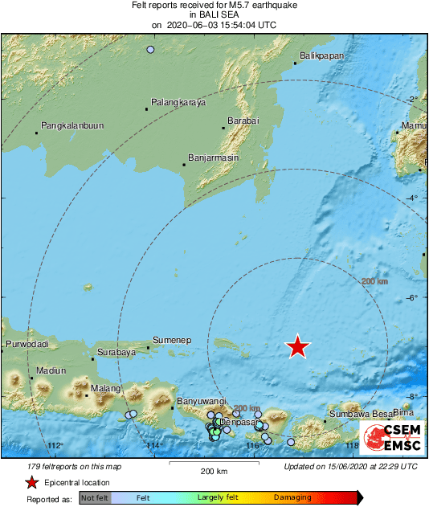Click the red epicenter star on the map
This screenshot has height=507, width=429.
[x=298, y=346]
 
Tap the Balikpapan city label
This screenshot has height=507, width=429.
[x=321, y=55]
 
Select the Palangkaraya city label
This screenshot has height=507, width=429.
[x=178, y=103]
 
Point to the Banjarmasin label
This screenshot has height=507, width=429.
[x=213, y=158]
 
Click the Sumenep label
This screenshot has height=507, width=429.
[x=171, y=341]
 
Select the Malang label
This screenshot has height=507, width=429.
[x=104, y=389]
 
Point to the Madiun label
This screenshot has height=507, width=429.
[x=50, y=370]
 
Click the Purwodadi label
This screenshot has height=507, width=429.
[x=27, y=345]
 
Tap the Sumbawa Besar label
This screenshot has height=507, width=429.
[x=358, y=415]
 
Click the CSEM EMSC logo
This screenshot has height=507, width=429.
[x=390, y=437]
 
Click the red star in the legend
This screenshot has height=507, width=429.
[x=31, y=482]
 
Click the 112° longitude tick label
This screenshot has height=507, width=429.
[x=55, y=447]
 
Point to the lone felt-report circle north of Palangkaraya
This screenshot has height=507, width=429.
[x=150, y=50]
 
